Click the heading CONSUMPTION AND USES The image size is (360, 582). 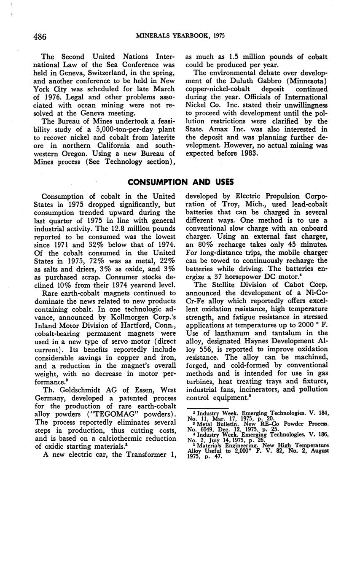pos(180,182)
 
